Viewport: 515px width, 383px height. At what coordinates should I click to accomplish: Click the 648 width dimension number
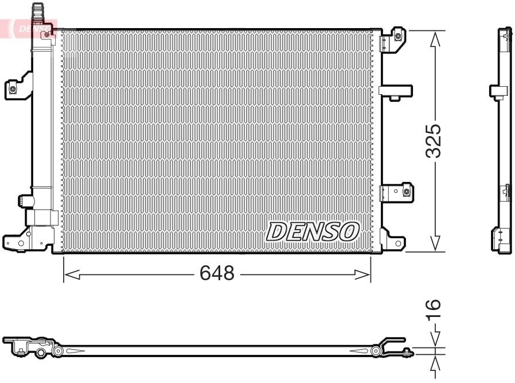217,274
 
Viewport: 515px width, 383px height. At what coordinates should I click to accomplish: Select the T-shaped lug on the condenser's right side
396,91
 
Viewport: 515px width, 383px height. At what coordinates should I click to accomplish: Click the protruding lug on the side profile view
497,90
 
